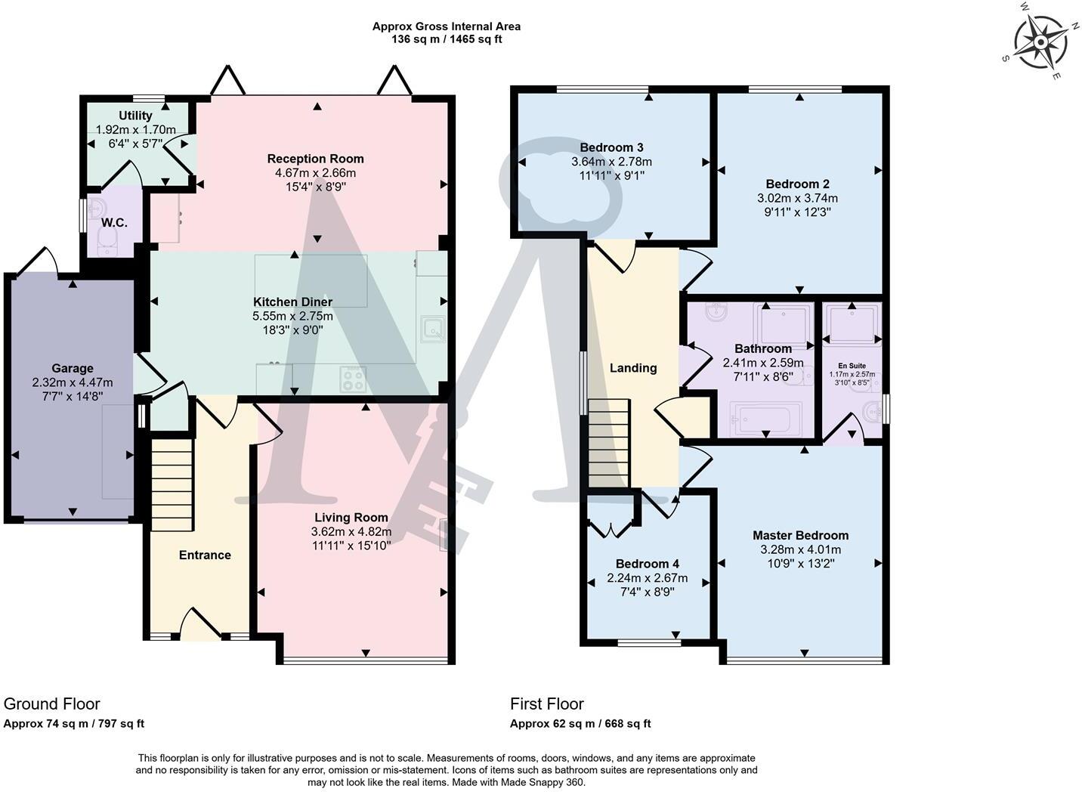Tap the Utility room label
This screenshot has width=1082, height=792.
[x=135, y=116]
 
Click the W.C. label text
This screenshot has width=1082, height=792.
[x=114, y=223]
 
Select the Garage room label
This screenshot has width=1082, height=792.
[x=73, y=369]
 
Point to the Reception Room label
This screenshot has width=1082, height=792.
[x=315, y=159]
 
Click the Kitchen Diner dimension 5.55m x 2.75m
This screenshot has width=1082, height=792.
[x=292, y=316]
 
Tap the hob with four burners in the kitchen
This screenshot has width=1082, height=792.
[x=353, y=379]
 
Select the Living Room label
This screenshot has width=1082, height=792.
[x=351, y=518]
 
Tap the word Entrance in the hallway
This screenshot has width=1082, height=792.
[x=205, y=555]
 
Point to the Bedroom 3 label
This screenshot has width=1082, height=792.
[x=611, y=147]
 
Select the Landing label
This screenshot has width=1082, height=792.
[x=633, y=368]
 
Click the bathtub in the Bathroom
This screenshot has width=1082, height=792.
[x=765, y=418]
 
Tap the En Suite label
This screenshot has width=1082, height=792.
[x=852, y=366]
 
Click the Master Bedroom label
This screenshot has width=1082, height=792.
[x=800, y=535]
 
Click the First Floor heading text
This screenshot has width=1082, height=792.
[x=547, y=704]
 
